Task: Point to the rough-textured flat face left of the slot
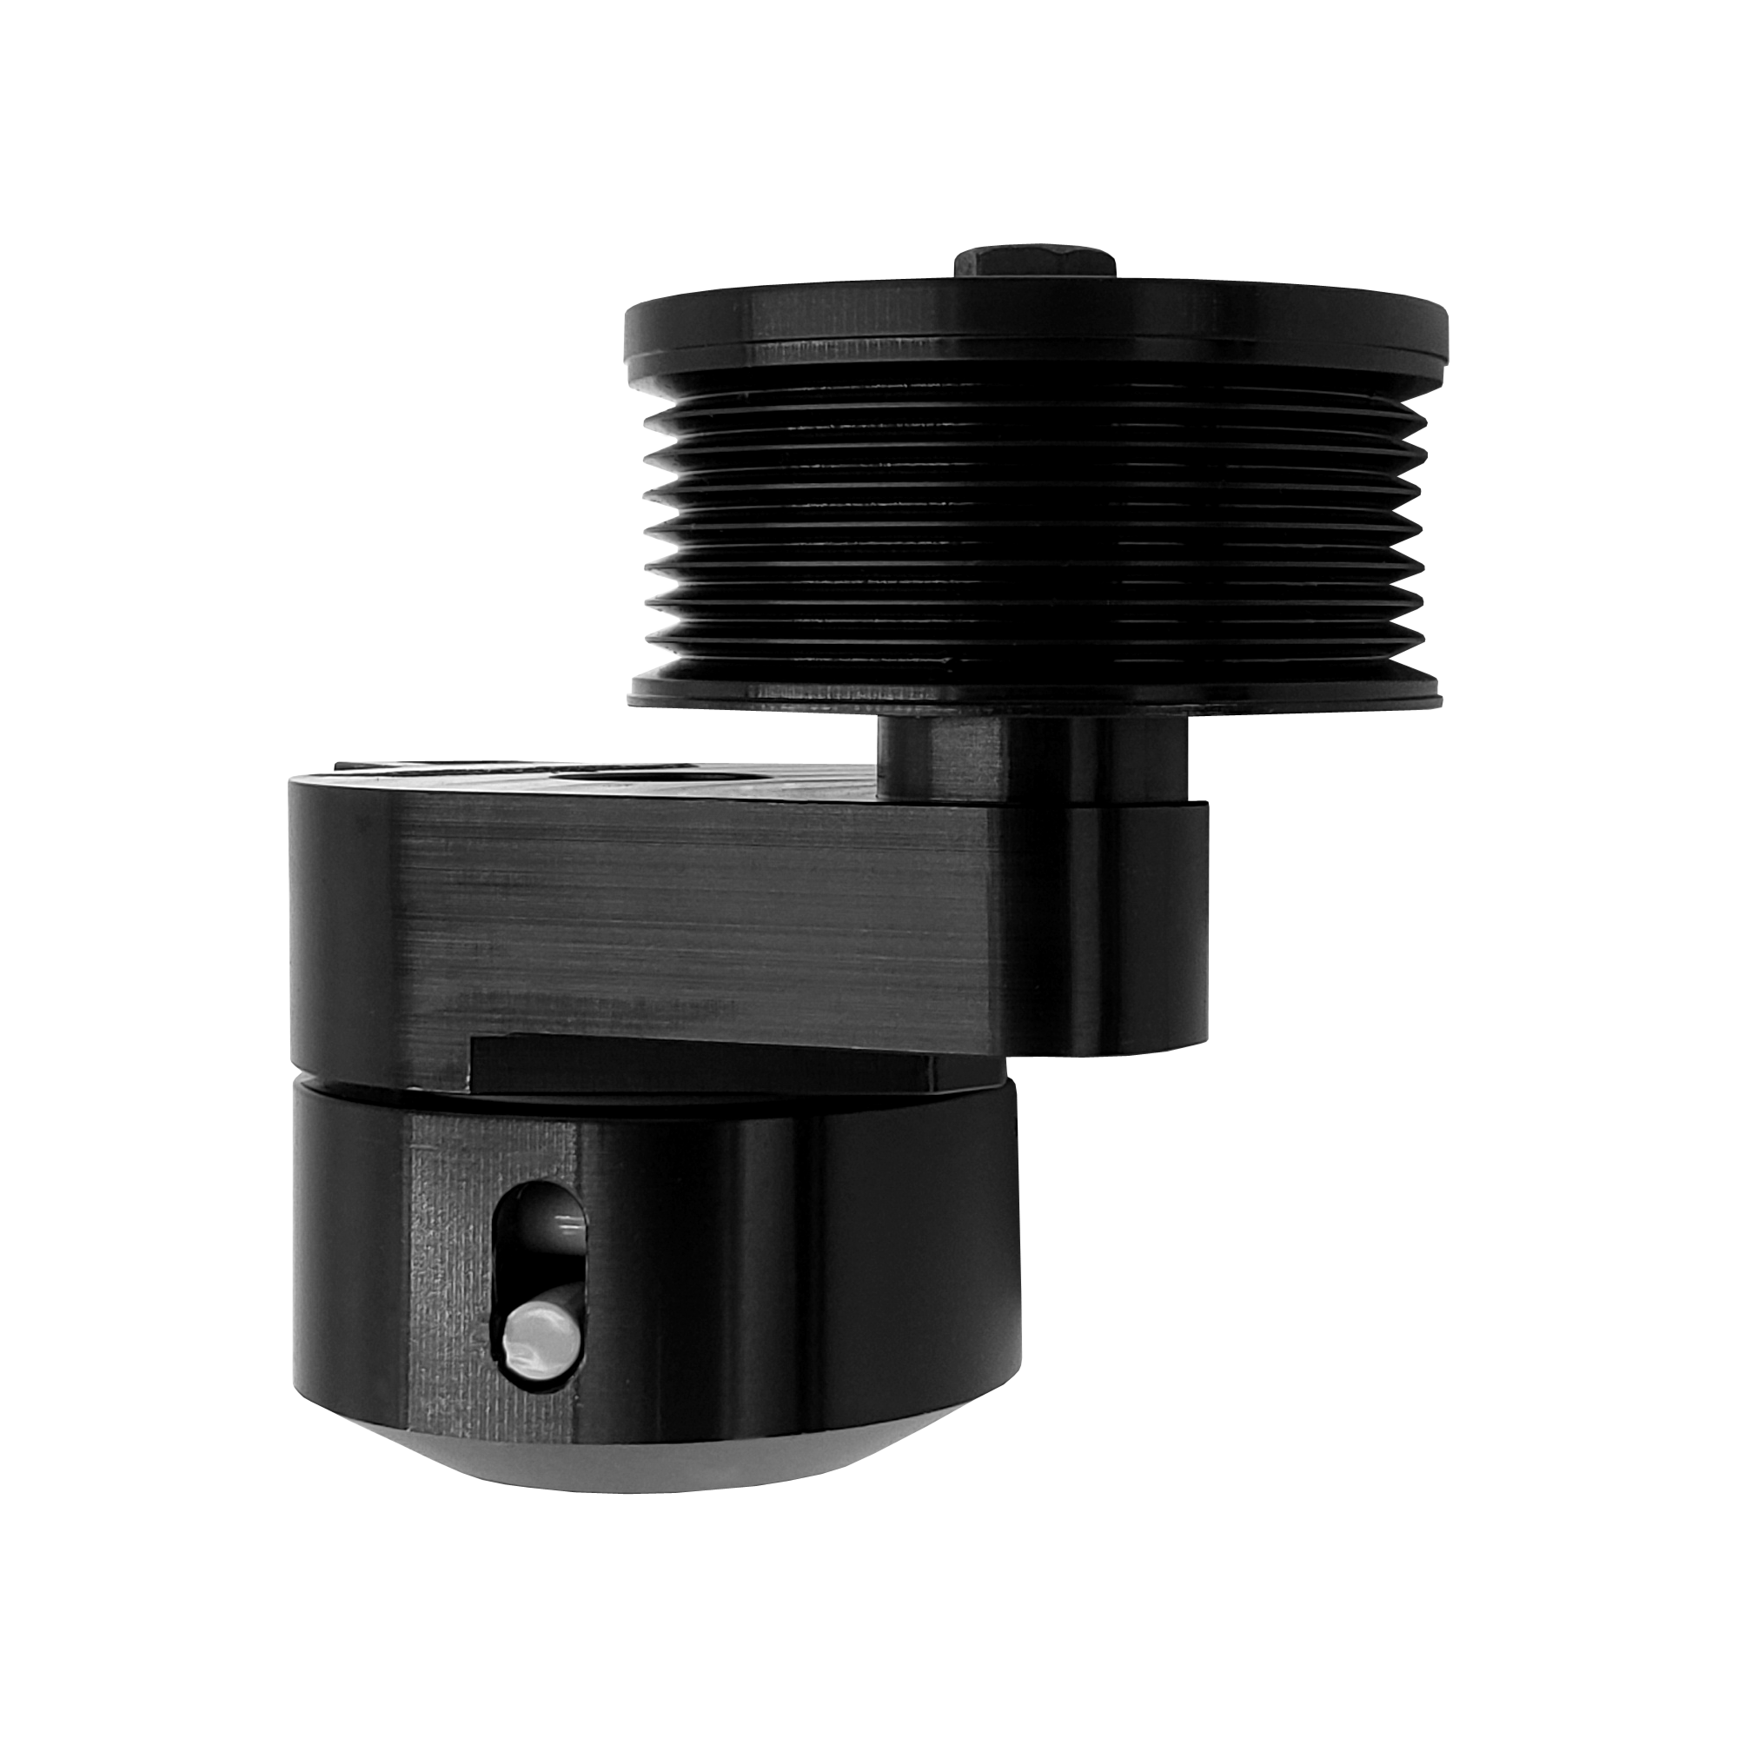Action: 450,1277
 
